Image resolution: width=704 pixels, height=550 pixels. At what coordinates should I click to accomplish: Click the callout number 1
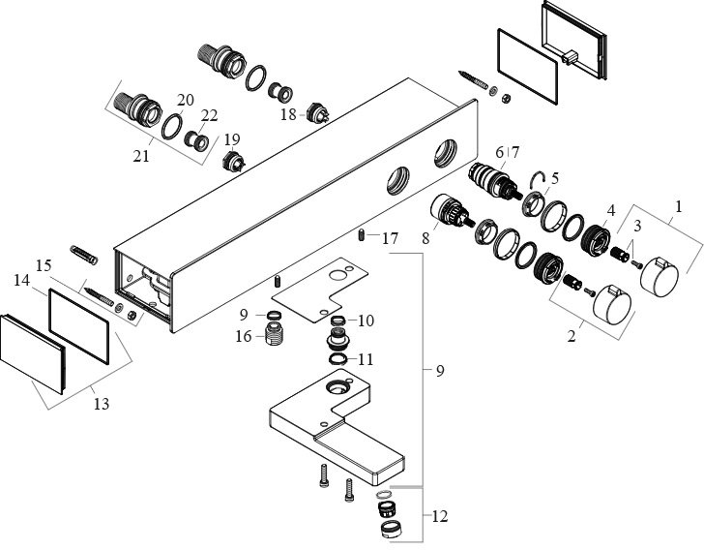(678, 206)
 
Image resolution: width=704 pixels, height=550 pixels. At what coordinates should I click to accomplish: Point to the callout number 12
(440, 517)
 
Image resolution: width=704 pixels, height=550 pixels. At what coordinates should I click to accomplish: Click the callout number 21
(141, 154)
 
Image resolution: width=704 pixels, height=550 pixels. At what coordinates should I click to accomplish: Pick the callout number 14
(22, 281)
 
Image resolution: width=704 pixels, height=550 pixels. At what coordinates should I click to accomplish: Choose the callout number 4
(610, 210)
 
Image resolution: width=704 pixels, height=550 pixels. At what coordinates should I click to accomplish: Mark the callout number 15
(44, 264)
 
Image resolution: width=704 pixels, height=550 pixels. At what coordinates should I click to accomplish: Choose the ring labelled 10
(338, 321)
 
